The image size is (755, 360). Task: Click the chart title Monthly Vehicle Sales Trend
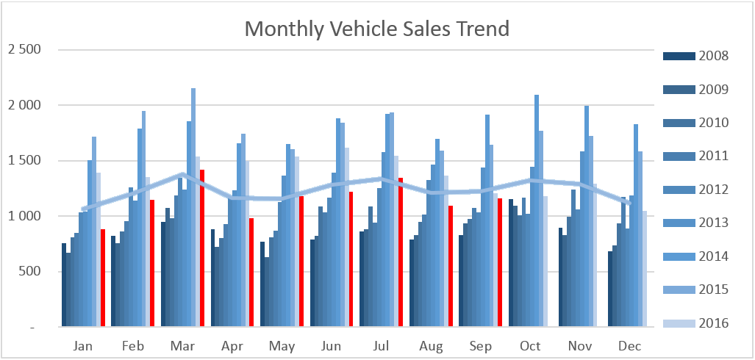point(376,29)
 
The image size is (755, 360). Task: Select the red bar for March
point(202,248)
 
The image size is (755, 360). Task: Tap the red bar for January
point(103,278)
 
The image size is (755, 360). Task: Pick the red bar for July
point(401,252)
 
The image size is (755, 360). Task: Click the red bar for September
point(500,263)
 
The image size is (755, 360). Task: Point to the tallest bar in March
point(193,207)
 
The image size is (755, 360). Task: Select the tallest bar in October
point(537,211)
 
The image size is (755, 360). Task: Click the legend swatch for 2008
point(679,57)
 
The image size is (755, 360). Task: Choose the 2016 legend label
point(715,323)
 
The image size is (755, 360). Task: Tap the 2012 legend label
point(715,190)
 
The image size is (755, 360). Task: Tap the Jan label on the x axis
point(84,346)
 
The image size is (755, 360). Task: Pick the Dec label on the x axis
point(629,346)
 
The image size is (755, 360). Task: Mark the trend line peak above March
point(183,174)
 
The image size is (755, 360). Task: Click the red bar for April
point(251,273)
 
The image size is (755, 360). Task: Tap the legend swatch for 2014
point(679,256)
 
